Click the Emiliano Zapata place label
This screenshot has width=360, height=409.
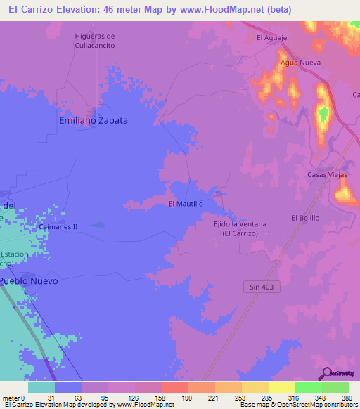coord(93,120)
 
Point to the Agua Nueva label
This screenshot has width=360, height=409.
coord(300,63)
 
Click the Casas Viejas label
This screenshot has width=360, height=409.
coord(328,174)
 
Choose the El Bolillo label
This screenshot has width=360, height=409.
coord(305,218)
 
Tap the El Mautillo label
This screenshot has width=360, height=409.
coord(186,204)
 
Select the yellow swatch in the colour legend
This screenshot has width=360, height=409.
coord(281,387)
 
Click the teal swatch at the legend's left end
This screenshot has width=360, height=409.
coord(41,387)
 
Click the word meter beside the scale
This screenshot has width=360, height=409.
coord(10,398)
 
